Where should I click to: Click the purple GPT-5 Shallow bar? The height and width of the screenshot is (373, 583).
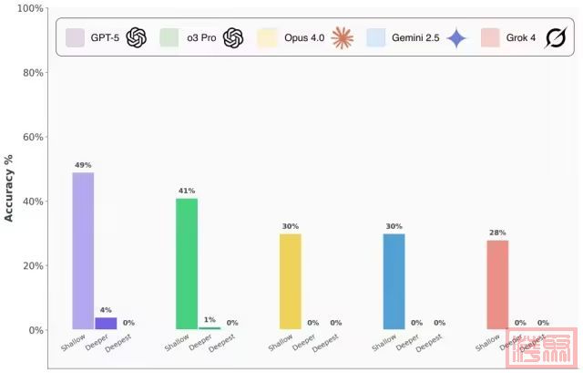pyautogui.click(x=83, y=251)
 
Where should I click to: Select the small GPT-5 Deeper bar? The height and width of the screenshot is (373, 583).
pyautogui.click(x=106, y=323)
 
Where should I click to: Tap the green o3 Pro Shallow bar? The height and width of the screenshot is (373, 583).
pyautogui.click(x=187, y=264)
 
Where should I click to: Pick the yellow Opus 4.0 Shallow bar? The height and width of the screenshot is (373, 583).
pyautogui.click(x=291, y=281)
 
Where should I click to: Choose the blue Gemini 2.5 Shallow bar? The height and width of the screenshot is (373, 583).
pyautogui.click(x=394, y=281)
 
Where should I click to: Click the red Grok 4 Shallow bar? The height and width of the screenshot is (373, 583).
pyautogui.click(x=497, y=285)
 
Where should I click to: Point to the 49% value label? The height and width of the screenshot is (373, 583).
pyautogui.click(x=83, y=165)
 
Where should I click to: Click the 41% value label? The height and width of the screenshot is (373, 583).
pyautogui.click(x=187, y=191)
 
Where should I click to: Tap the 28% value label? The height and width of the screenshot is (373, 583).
pyautogui.click(x=497, y=233)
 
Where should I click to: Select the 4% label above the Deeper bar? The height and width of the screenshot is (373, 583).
pyautogui.click(x=106, y=310)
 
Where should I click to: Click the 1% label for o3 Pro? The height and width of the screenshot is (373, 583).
pyautogui.click(x=210, y=320)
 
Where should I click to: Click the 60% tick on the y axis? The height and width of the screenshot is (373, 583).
pyautogui.click(x=32, y=138)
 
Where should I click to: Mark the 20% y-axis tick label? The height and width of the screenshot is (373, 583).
pyautogui.click(x=32, y=266)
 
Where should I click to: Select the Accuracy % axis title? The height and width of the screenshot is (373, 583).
pyautogui.click(x=11, y=187)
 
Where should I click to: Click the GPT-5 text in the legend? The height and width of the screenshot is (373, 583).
pyautogui.click(x=105, y=37)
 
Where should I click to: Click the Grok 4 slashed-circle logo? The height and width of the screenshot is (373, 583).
pyautogui.click(x=554, y=37)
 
